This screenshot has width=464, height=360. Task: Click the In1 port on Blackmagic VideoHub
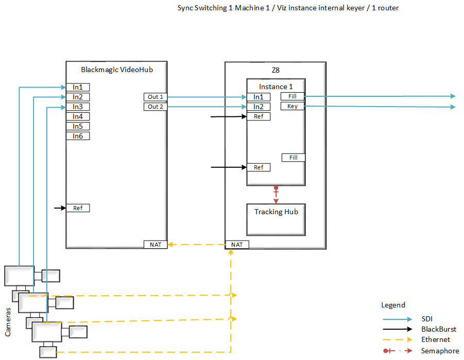click(x=78, y=87)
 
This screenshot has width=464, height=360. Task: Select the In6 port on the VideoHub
click(x=78, y=136)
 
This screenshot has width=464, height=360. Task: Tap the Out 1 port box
click(x=155, y=97)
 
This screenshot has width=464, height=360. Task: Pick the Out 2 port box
click(x=155, y=107)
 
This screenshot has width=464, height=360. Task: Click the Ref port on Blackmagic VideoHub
click(x=78, y=208)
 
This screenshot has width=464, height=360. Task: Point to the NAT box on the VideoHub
click(x=155, y=244)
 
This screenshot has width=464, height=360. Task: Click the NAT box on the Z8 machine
click(x=237, y=245)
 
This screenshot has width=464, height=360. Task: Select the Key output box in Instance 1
click(x=293, y=106)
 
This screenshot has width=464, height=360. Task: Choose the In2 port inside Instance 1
click(x=259, y=107)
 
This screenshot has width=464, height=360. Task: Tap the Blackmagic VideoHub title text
click(x=117, y=69)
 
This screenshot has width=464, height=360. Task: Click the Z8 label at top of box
click(x=276, y=70)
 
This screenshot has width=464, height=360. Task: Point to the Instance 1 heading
click(x=276, y=87)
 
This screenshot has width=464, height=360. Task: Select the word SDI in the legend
click(x=427, y=319)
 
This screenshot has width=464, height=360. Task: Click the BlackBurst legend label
click(x=438, y=329)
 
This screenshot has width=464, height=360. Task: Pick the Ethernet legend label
click(x=435, y=339)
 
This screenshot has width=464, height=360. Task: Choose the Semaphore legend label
click(x=440, y=351)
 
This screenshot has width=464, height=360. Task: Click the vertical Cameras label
click(x=8, y=319)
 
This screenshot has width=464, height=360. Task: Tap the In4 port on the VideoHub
click(x=78, y=116)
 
